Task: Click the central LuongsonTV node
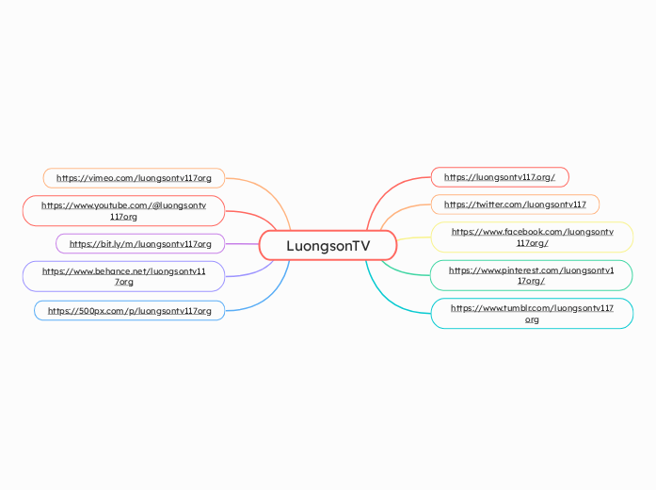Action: [x=328, y=245]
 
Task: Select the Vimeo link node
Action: [x=134, y=177]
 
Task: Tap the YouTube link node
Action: [x=123, y=210]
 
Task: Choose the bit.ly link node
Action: [x=140, y=244]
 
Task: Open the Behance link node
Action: [x=123, y=276]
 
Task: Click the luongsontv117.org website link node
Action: [x=499, y=177]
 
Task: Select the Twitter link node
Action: [x=514, y=204]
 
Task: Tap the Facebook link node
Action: [x=532, y=237]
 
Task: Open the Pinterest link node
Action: [x=531, y=275]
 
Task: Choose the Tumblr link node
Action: [x=532, y=313]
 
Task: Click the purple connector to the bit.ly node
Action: [x=242, y=244]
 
